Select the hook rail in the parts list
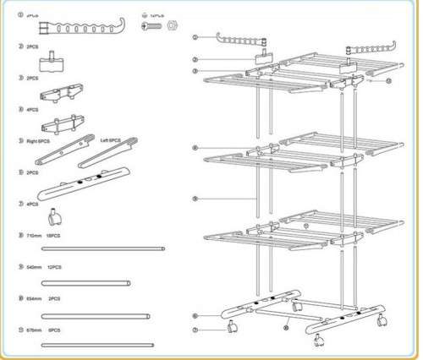coord(83,19)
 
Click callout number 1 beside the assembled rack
coord(195,38)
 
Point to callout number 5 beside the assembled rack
coord(195,199)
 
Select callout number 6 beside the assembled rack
coord(195,316)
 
